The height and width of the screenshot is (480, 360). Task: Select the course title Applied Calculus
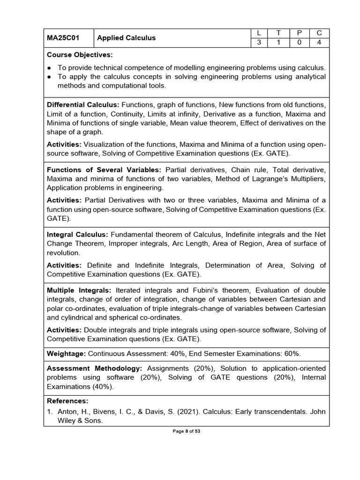[x=127, y=38]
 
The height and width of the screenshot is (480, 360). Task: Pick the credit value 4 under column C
[x=320, y=43]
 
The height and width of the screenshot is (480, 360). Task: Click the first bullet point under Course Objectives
[x=50, y=68]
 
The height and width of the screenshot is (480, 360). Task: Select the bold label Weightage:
[x=66, y=353]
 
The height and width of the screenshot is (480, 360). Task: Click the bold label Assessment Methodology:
[x=92, y=368]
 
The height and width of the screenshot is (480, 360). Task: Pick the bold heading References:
[x=67, y=401]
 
